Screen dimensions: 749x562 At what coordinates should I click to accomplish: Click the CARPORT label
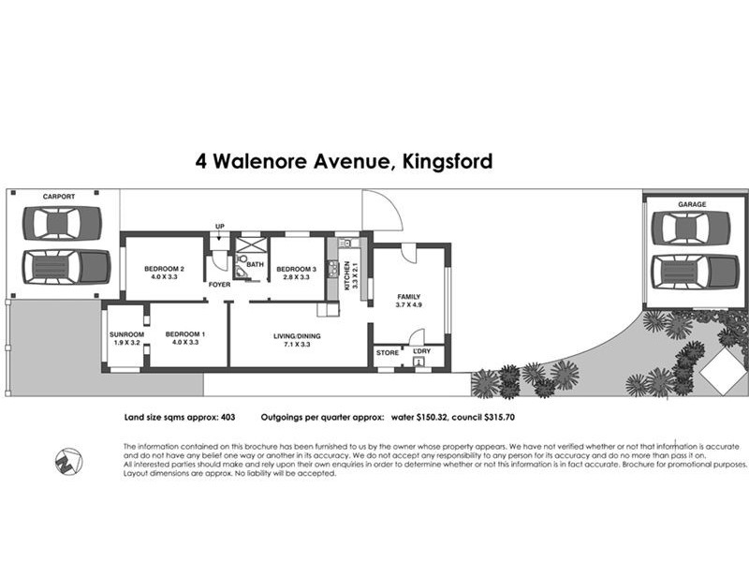[59, 197]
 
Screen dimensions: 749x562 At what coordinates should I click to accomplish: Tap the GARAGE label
[692, 204]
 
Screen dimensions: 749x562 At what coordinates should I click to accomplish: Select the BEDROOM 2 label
[165, 269]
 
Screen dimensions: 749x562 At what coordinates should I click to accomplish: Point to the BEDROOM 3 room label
[296, 269]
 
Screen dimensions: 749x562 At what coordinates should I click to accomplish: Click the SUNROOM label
[126, 334]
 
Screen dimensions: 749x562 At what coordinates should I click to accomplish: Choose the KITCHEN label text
[347, 275]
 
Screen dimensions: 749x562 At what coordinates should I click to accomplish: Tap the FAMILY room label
[409, 297]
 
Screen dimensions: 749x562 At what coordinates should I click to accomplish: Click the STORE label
[388, 353]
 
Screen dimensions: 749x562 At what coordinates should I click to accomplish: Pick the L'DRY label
[422, 350]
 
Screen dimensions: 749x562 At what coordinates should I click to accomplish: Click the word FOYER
[220, 285]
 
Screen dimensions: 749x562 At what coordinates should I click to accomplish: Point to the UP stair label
[220, 227]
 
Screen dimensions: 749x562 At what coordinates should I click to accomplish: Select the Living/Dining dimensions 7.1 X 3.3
[297, 344]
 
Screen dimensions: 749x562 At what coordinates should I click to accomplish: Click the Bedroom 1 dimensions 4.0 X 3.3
[185, 342]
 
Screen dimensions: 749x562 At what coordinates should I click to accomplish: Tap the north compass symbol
[68, 462]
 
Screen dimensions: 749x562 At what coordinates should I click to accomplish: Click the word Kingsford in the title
[448, 161]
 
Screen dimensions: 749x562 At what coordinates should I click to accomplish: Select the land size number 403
[228, 417]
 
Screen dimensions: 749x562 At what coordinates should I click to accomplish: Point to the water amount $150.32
[432, 417]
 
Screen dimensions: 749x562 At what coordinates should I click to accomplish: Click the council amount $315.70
[500, 417]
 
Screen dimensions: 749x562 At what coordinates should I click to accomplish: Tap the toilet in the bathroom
[242, 259]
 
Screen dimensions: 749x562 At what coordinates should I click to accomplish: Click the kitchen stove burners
[332, 269]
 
